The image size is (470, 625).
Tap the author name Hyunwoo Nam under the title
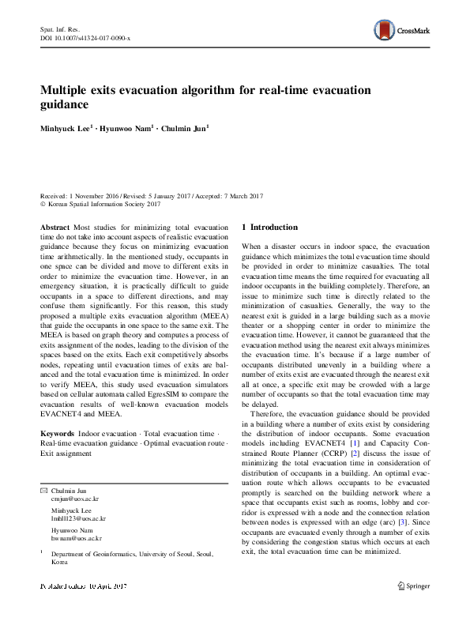pos(130,127)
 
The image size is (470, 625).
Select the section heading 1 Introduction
pos(269,227)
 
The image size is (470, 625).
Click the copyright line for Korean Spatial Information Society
pos(105,204)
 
